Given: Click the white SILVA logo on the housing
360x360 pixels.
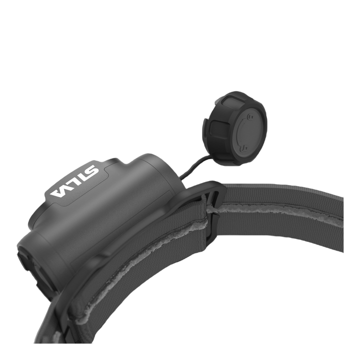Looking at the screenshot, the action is pyautogui.click(x=74, y=181).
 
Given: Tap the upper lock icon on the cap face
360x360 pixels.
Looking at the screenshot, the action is pyautogui.click(x=250, y=117).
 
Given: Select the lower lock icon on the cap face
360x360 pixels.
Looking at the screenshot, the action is pyautogui.click(x=244, y=147).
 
